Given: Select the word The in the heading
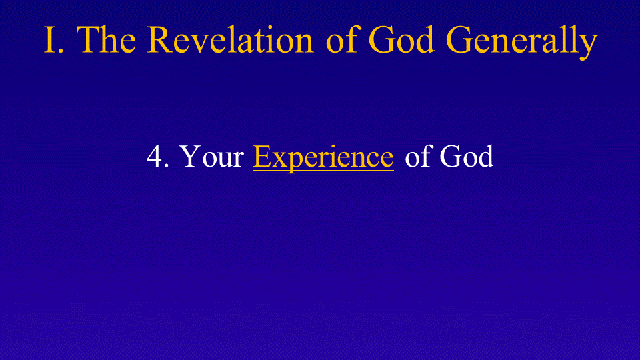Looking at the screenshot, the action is pyautogui.click(x=106, y=39).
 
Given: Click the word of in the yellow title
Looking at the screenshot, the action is pyautogui.click(x=341, y=39).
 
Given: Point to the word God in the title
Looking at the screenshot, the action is pyautogui.click(x=401, y=39).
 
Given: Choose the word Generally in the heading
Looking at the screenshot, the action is pyautogui.click(x=522, y=41).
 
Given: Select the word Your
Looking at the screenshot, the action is pyautogui.click(x=211, y=156).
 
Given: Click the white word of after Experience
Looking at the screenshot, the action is pyautogui.click(x=418, y=155).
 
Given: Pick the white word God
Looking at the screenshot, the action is pyautogui.click(x=467, y=155).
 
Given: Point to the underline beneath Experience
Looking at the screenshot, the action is pyautogui.click(x=323, y=170).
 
